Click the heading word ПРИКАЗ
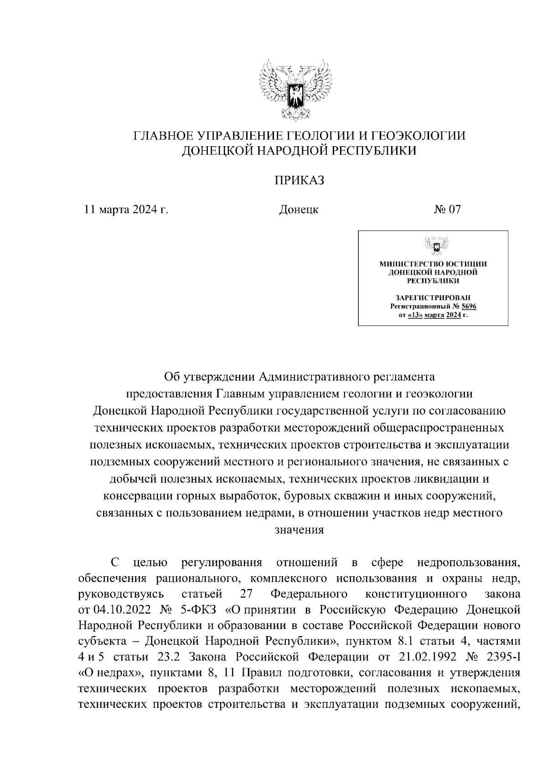(299, 181)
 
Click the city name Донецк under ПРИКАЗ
(299, 210)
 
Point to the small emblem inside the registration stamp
(433, 246)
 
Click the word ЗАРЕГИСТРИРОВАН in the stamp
(433, 297)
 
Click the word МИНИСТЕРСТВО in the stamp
(407, 264)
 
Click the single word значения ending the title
(299, 530)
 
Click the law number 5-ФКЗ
(201, 609)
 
